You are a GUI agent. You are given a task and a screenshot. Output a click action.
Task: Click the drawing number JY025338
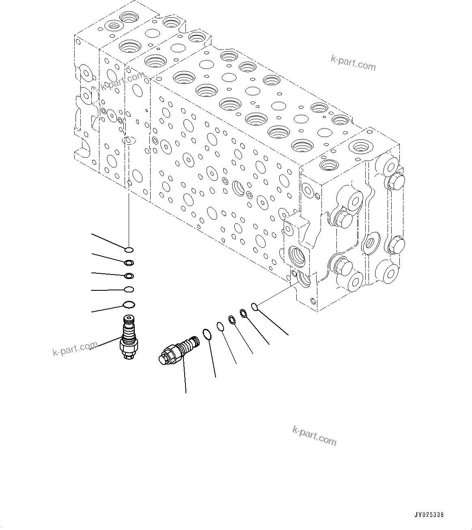tap(429, 515)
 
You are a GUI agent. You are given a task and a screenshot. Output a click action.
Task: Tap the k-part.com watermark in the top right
tap(353, 62)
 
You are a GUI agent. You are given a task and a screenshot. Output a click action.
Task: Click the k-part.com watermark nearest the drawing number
tap(314, 435)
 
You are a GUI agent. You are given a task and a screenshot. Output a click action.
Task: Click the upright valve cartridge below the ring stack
tap(129, 337)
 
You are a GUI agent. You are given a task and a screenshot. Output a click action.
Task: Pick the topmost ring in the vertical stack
tap(129, 249)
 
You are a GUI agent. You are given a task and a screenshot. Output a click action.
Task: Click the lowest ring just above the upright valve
tap(129, 305)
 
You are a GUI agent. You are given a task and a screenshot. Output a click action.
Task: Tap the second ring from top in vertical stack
tap(129, 263)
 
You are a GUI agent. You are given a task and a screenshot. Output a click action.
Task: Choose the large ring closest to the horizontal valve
tap(207, 334)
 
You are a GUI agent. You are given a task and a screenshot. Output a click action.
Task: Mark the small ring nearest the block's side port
tap(254, 307)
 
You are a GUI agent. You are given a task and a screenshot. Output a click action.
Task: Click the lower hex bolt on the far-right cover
tap(396, 245)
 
